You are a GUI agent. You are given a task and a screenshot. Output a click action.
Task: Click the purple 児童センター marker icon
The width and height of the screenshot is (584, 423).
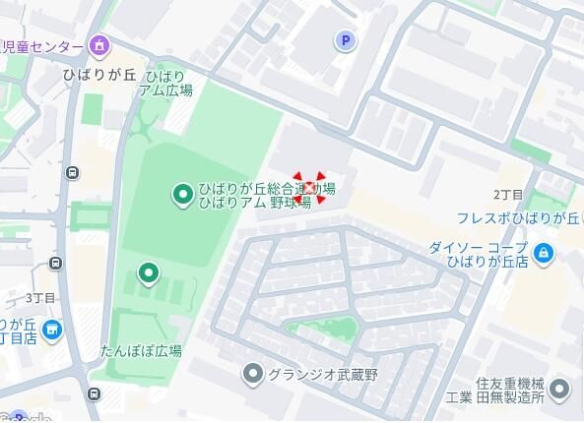[x=98, y=45]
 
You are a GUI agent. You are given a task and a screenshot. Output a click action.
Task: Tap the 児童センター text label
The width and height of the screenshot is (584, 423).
[x=43, y=45]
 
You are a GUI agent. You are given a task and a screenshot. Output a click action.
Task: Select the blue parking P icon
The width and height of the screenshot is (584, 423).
[x=344, y=40]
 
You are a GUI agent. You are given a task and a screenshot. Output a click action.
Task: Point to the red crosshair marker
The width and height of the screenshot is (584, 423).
[x=309, y=187]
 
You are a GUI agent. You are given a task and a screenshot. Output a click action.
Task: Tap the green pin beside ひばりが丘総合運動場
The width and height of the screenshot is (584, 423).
[x=182, y=195]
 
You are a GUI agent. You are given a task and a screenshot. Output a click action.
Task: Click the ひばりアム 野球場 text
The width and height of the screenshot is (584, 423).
[x=255, y=202]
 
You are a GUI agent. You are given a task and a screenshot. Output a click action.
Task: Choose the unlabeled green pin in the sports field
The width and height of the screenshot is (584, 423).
[x=148, y=272]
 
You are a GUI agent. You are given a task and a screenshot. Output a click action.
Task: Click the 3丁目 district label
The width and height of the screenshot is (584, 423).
[x=39, y=297]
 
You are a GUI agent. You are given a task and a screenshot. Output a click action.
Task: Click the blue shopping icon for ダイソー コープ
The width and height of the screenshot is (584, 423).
[x=546, y=254]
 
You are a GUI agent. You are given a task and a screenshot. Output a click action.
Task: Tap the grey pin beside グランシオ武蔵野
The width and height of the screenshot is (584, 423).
[x=253, y=374]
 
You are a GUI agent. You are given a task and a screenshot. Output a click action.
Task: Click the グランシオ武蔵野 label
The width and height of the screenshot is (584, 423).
[x=314, y=374]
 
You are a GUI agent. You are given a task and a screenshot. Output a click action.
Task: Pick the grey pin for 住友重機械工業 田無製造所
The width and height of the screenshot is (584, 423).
[x=559, y=390]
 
